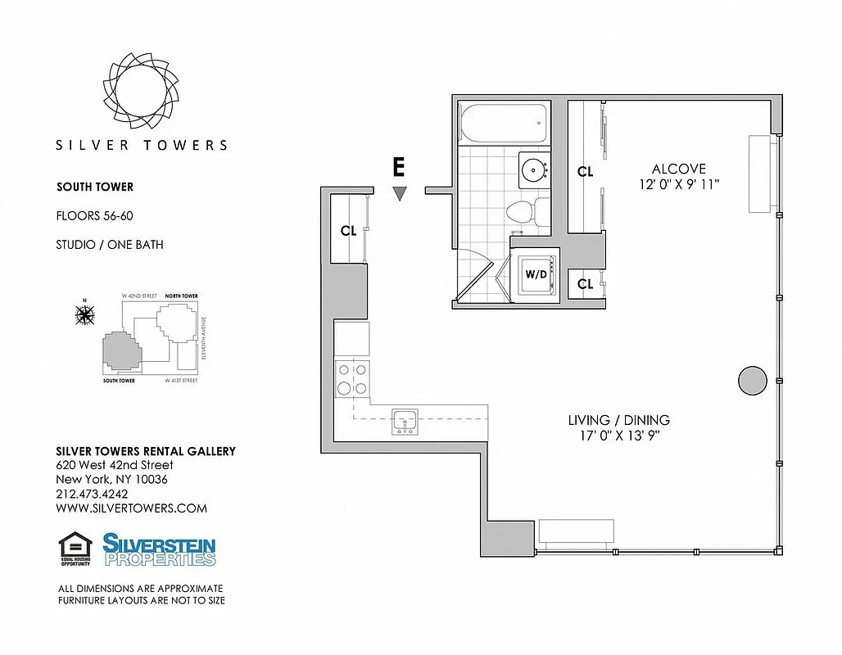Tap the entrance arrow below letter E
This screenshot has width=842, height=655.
click(399, 194)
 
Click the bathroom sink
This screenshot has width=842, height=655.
click(535, 169)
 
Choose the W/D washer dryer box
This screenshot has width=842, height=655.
click(536, 274)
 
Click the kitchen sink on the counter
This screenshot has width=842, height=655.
click(405, 421)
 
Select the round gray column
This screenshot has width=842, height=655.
click(752, 379)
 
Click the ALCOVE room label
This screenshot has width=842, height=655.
click(678, 169)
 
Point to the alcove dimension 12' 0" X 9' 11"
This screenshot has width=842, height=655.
click(679, 185)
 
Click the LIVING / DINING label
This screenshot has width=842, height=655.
click(618, 420)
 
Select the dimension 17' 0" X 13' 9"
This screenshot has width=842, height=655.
click(618, 436)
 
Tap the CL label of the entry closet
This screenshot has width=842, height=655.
click(348, 231)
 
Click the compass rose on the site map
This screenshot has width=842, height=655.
click(84, 314)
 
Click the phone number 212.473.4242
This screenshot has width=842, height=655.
click(92, 494)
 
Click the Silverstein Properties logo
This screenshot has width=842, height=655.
click(159, 549)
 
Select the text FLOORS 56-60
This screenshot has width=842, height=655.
click(93, 216)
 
